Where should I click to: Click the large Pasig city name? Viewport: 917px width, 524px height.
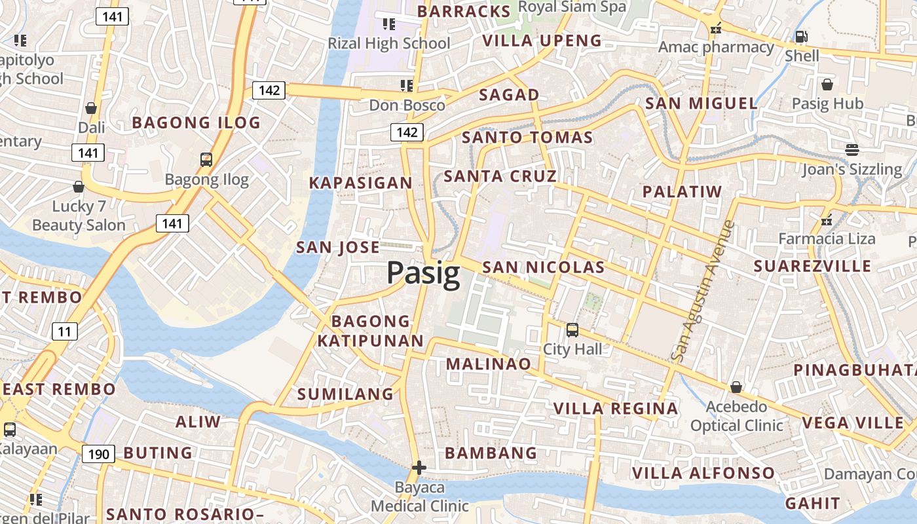click(x=423, y=273)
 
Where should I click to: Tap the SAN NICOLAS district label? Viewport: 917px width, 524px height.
click(x=543, y=267)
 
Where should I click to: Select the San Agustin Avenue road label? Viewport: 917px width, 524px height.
click(x=703, y=291)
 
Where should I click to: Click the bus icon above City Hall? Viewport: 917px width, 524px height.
click(x=572, y=329)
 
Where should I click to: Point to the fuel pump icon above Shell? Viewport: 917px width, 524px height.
click(x=800, y=37)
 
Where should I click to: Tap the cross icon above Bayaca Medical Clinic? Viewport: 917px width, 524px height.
click(x=419, y=468)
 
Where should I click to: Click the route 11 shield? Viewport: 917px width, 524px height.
click(x=64, y=331)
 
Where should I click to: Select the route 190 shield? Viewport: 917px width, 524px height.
click(x=98, y=453)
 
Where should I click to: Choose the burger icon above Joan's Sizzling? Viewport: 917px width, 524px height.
click(x=851, y=150)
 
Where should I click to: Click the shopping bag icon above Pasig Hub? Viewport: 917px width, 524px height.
click(x=827, y=84)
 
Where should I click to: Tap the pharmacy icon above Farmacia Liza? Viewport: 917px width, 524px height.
click(x=827, y=219)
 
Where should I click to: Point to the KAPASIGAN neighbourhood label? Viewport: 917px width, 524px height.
click(x=361, y=183)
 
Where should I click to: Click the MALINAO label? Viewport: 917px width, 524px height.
click(x=488, y=364)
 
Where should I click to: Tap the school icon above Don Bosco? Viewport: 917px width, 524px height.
click(x=407, y=86)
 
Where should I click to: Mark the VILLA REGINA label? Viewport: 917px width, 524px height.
click(x=615, y=409)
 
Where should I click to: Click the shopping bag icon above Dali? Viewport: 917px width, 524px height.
click(x=91, y=108)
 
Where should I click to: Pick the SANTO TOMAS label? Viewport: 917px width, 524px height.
click(x=527, y=138)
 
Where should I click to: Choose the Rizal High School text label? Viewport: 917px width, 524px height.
click(x=389, y=44)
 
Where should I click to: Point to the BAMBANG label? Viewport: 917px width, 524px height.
click(x=491, y=453)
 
